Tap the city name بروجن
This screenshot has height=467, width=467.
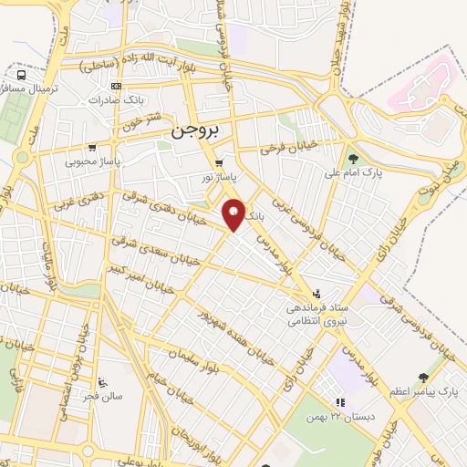195,131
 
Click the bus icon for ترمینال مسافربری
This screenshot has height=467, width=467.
20,75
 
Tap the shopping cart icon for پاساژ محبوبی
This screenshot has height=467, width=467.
91,148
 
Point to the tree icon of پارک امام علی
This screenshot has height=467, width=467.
352,160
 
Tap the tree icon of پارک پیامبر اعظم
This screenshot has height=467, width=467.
422,378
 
